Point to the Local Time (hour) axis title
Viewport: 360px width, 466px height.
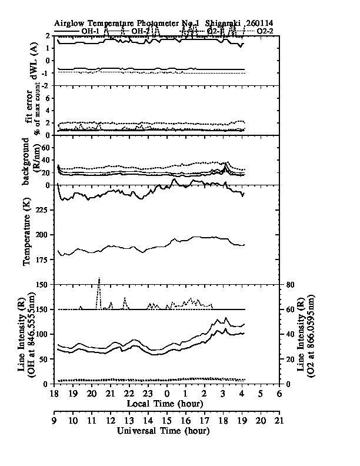coord(165,404)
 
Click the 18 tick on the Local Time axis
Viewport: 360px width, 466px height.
coord(54,393)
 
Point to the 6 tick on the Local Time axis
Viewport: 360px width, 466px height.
coord(278,393)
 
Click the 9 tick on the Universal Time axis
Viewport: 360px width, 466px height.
coord(54,421)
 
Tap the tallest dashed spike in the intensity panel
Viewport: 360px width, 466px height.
coord(99,278)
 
